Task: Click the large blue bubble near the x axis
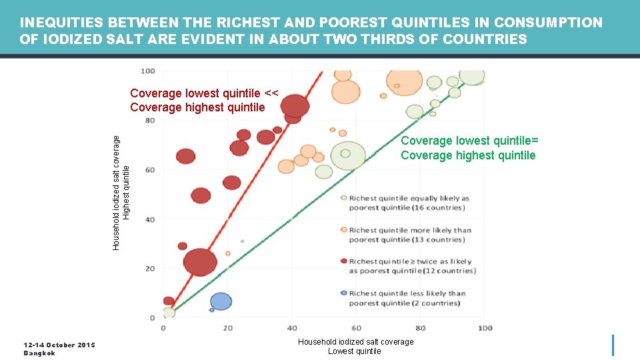pyautogui.click(x=221, y=301)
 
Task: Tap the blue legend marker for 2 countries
pyautogui.click(x=343, y=293)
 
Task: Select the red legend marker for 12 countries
pyautogui.click(x=343, y=261)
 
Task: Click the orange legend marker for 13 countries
pyautogui.click(x=343, y=230)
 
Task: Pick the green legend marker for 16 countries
pyautogui.click(x=343, y=198)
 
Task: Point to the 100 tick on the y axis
pyautogui.click(x=148, y=71)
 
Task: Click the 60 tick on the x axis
pyautogui.click(x=357, y=328)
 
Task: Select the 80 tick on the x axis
pyautogui.click(x=421, y=328)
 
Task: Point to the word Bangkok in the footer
pyautogui.click(x=39, y=353)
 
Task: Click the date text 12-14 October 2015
pyautogui.click(x=59, y=345)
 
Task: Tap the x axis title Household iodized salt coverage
pyautogui.click(x=355, y=342)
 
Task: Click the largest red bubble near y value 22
pyautogui.click(x=200, y=262)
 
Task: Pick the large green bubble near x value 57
pyautogui.click(x=349, y=156)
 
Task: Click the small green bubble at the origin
pyautogui.click(x=169, y=313)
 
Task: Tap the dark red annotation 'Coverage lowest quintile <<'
pyautogui.click(x=204, y=93)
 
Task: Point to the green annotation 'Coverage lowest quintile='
pyautogui.click(x=469, y=141)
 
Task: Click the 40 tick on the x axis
pyautogui.click(x=292, y=328)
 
